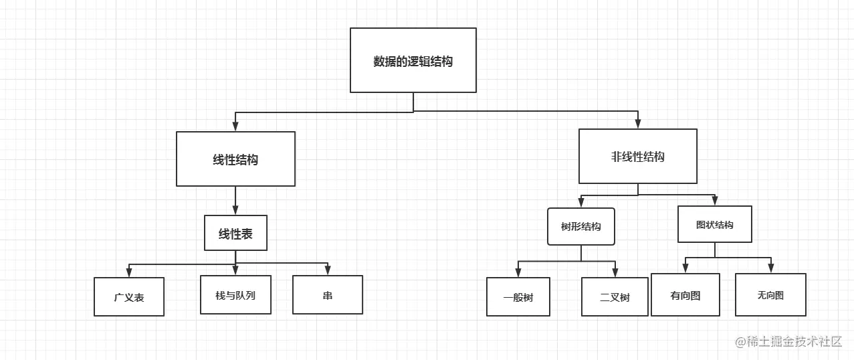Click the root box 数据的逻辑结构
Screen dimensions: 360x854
tap(413, 60)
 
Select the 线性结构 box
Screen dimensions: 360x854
tap(235, 159)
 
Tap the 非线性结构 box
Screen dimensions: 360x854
tap(637, 157)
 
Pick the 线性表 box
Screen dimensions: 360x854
tap(235, 233)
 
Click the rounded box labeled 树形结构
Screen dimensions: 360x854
tap(580, 226)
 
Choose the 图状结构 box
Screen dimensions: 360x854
tap(714, 224)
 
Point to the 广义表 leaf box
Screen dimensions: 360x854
tap(129, 296)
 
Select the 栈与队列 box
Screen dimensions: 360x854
tap(235, 294)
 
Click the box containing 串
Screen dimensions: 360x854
tap(327, 294)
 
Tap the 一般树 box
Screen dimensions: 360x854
tap(518, 297)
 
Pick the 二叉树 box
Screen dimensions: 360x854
tap(615, 297)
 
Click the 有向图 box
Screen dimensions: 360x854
tap(685, 294)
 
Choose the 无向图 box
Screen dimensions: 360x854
tap(770, 294)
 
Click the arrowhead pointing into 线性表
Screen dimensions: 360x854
tap(235, 210)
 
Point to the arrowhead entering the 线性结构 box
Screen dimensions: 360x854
tap(235, 126)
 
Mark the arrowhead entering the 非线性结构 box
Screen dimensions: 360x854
tap(638, 124)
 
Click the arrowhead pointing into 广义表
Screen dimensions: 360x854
tap(129, 272)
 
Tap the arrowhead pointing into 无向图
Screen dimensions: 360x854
tap(770, 268)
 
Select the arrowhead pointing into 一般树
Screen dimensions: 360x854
tap(518, 272)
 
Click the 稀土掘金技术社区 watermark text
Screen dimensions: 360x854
tap(789, 341)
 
